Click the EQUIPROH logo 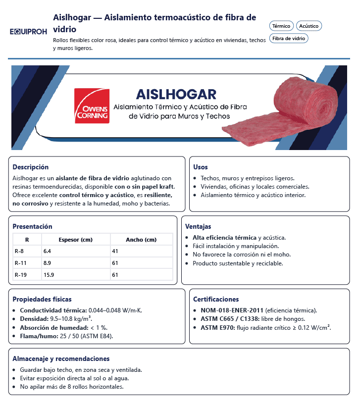tap(28, 31)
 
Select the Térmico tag tap(281, 26)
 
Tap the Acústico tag tap(309, 26)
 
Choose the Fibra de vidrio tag tap(289, 38)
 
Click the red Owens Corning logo tap(92, 105)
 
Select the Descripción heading tap(31, 167)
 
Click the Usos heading tap(201, 167)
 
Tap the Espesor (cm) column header tap(76, 240)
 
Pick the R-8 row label tap(20, 251)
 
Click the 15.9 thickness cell tap(49, 275)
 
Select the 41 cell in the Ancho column tap(115, 251)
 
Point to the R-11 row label tap(21, 263)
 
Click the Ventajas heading tap(198, 226)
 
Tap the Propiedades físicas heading tap(42, 299)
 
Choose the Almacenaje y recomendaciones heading tap(61, 359)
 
